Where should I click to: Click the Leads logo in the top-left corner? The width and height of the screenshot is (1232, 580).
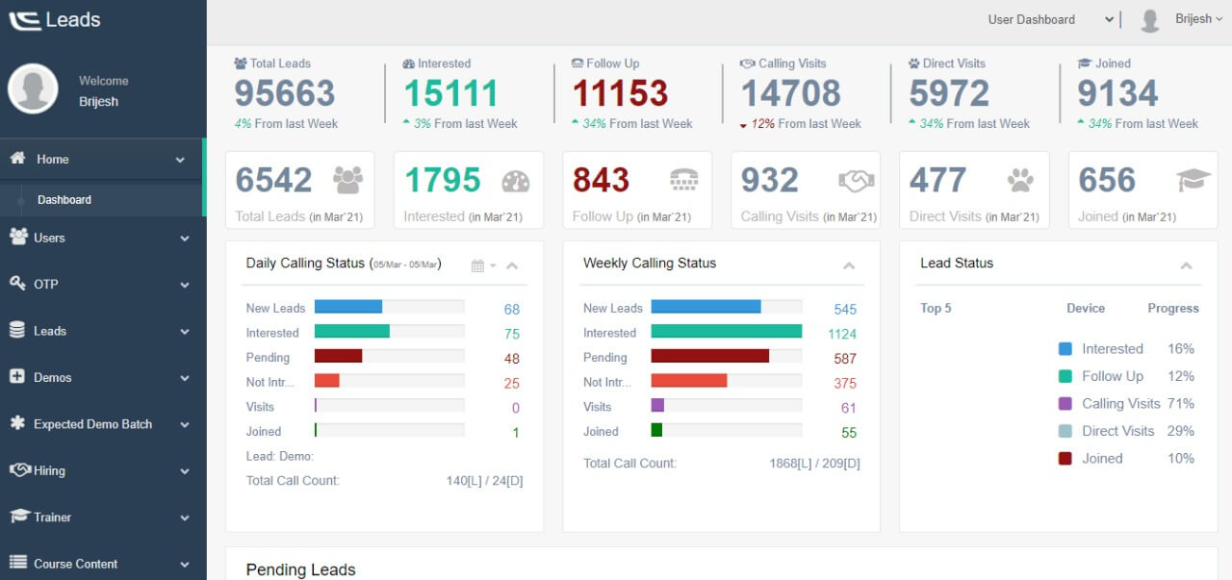click(x=55, y=20)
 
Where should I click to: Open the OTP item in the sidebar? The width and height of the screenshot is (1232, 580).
click(x=47, y=284)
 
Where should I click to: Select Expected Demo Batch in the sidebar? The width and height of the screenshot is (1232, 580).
click(x=92, y=424)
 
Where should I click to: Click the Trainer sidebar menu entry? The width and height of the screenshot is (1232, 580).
click(x=53, y=517)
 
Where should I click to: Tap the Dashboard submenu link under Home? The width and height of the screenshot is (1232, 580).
click(x=64, y=200)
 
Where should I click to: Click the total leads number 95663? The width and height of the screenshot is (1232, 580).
click(x=285, y=93)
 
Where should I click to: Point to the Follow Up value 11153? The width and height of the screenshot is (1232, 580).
click(x=621, y=93)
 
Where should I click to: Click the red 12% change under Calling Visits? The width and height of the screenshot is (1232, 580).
click(x=762, y=124)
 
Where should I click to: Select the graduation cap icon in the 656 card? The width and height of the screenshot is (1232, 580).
click(x=1193, y=180)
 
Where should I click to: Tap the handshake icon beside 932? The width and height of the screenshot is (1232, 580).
click(x=856, y=180)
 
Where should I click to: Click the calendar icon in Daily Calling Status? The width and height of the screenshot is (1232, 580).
click(x=477, y=265)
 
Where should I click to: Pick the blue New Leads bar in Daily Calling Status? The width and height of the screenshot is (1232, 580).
click(x=348, y=307)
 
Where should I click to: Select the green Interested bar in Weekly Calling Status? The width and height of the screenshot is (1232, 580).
click(x=726, y=331)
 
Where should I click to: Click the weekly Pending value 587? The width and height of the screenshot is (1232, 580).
click(x=844, y=359)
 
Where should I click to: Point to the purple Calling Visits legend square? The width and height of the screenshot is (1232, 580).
click(x=1065, y=404)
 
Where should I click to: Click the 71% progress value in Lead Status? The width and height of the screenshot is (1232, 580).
click(x=1180, y=404)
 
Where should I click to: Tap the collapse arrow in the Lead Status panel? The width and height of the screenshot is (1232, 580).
click(x=1186, y=265)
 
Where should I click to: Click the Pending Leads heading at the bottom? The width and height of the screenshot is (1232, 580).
click(x=300, y=569)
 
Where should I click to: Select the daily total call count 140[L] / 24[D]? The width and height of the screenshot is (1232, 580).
click(x=484, y=480)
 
